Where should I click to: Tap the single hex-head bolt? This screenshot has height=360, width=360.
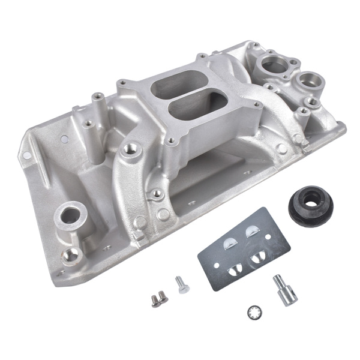coord(181,284)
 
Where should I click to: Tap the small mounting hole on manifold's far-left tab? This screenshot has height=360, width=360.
coord(27,157)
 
